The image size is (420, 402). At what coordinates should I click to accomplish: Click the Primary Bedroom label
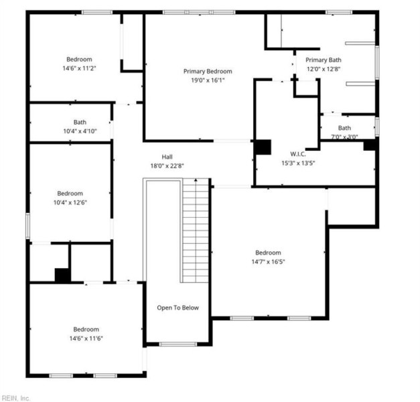(x=208, y=71)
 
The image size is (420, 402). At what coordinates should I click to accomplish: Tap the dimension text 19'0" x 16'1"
(x=208, y=80)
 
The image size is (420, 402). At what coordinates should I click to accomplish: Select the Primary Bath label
(x=324, y=60)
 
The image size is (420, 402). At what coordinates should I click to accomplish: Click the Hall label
(x=167, y=157)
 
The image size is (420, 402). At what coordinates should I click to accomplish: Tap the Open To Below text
(x=178, y=308)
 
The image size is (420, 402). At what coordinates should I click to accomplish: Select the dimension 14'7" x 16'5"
(x=268, y=262)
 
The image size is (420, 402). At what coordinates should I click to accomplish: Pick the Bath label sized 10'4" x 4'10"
(x=80, y=122)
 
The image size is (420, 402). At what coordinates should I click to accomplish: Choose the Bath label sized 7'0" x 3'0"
(x=344, y=128)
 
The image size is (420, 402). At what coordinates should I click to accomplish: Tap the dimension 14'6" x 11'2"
(x=78, y=68)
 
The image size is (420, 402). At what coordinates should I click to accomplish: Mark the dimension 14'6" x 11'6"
(x=86, y=338)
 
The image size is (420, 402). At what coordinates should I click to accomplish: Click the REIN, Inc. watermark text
(x=16, y=397)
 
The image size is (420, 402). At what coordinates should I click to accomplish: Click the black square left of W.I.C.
(x=262, y=147)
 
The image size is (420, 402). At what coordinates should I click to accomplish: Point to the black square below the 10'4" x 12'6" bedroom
(x=62, y=275)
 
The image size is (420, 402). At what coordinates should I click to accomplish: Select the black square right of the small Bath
(x=370, y=144)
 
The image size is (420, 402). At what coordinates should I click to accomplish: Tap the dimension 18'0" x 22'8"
(x=167, y=166)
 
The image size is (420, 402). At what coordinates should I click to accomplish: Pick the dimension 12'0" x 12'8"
(x=324, y=68)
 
